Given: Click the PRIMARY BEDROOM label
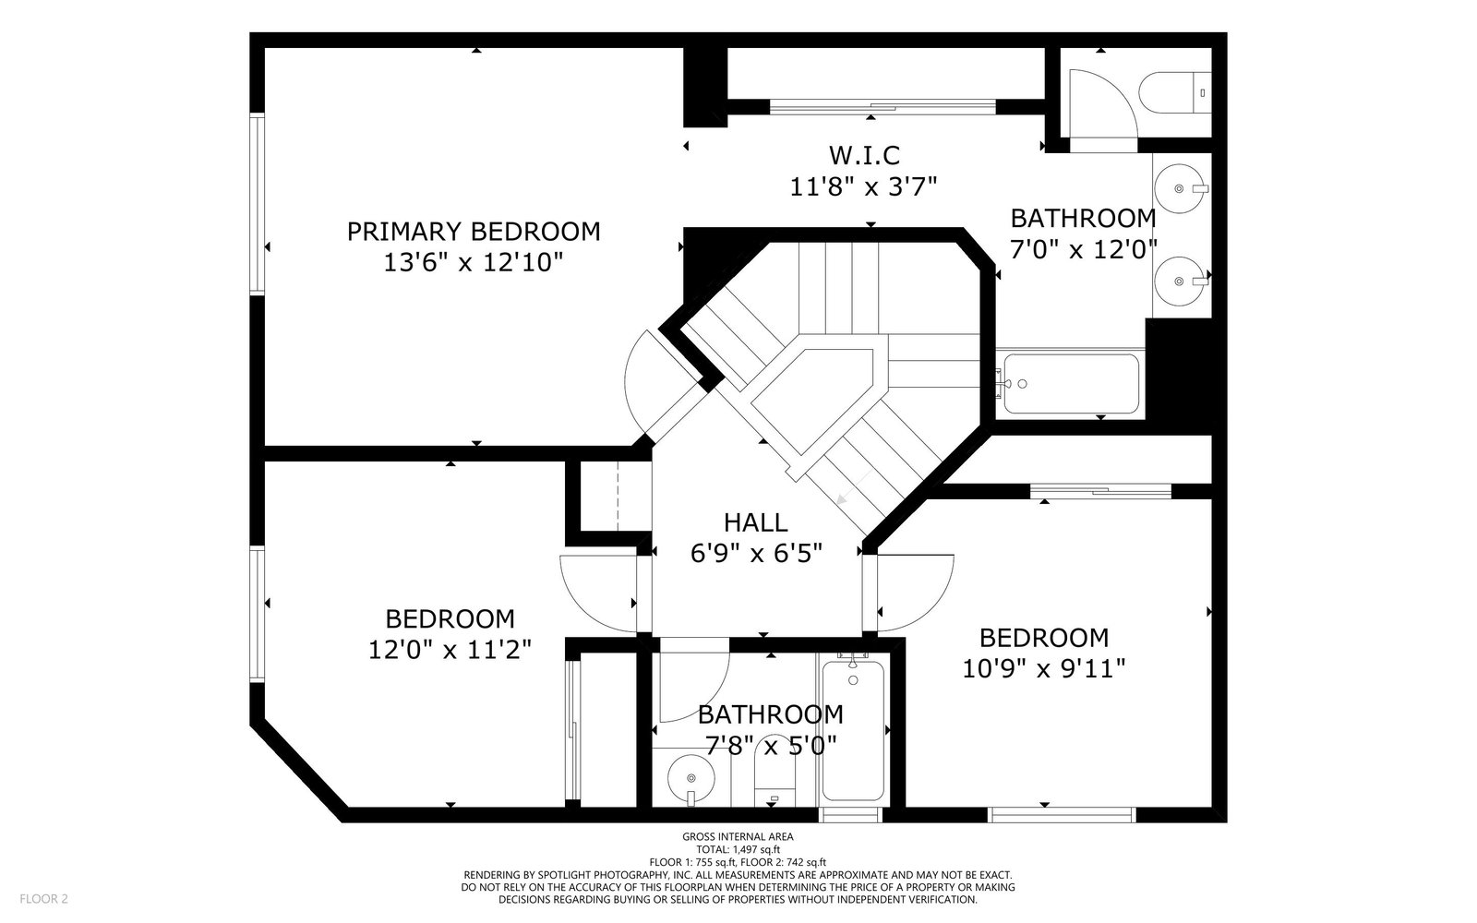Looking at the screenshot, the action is [x=474, y=232].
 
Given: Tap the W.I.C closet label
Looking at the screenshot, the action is [x=864, y=156].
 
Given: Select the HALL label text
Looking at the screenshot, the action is [x=756, y=522].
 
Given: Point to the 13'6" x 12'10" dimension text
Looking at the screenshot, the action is [x=474, y=262].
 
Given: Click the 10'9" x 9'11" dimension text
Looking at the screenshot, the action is [x=1044, y=669].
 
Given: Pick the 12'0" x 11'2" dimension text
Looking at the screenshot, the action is [x=450, y=650].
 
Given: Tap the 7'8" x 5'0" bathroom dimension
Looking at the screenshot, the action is [x=771, y=746].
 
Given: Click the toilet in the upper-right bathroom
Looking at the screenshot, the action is [x=1175, y=93].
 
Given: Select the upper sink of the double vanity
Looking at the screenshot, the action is [x=1181, y=188].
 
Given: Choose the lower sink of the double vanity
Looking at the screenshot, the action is [x=1181, y=281].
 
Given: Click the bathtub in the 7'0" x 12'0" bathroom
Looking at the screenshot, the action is [x=1071, y=384].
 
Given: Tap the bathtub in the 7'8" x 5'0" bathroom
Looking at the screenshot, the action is [x=853, y=729].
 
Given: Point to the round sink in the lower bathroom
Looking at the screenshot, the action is [x=691, y=779].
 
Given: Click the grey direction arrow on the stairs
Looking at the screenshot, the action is [x=853, y=488].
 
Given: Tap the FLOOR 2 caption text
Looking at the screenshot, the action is [x=43, y=899].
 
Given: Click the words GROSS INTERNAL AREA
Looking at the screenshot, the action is [x=738, y=836].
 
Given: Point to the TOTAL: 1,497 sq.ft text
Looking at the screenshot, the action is [x=738, y=849].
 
